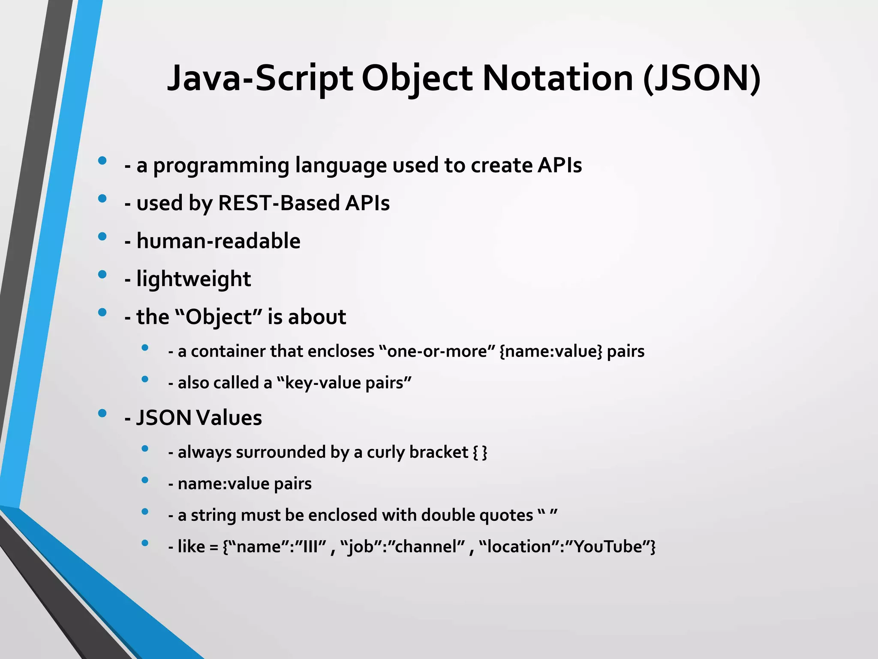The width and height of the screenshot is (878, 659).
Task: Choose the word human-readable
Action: pyautogui.click(x=218, y=241)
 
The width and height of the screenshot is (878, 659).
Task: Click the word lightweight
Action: pyautogui.click(x=193, y=279)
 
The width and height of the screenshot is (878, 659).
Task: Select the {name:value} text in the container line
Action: pyautogui.click(x=551, y=351)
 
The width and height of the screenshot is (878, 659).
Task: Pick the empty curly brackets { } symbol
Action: pyautogui.click(x=480, y=452)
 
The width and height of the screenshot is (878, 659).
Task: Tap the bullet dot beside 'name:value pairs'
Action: pyautogui.click(x=145, y=480)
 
